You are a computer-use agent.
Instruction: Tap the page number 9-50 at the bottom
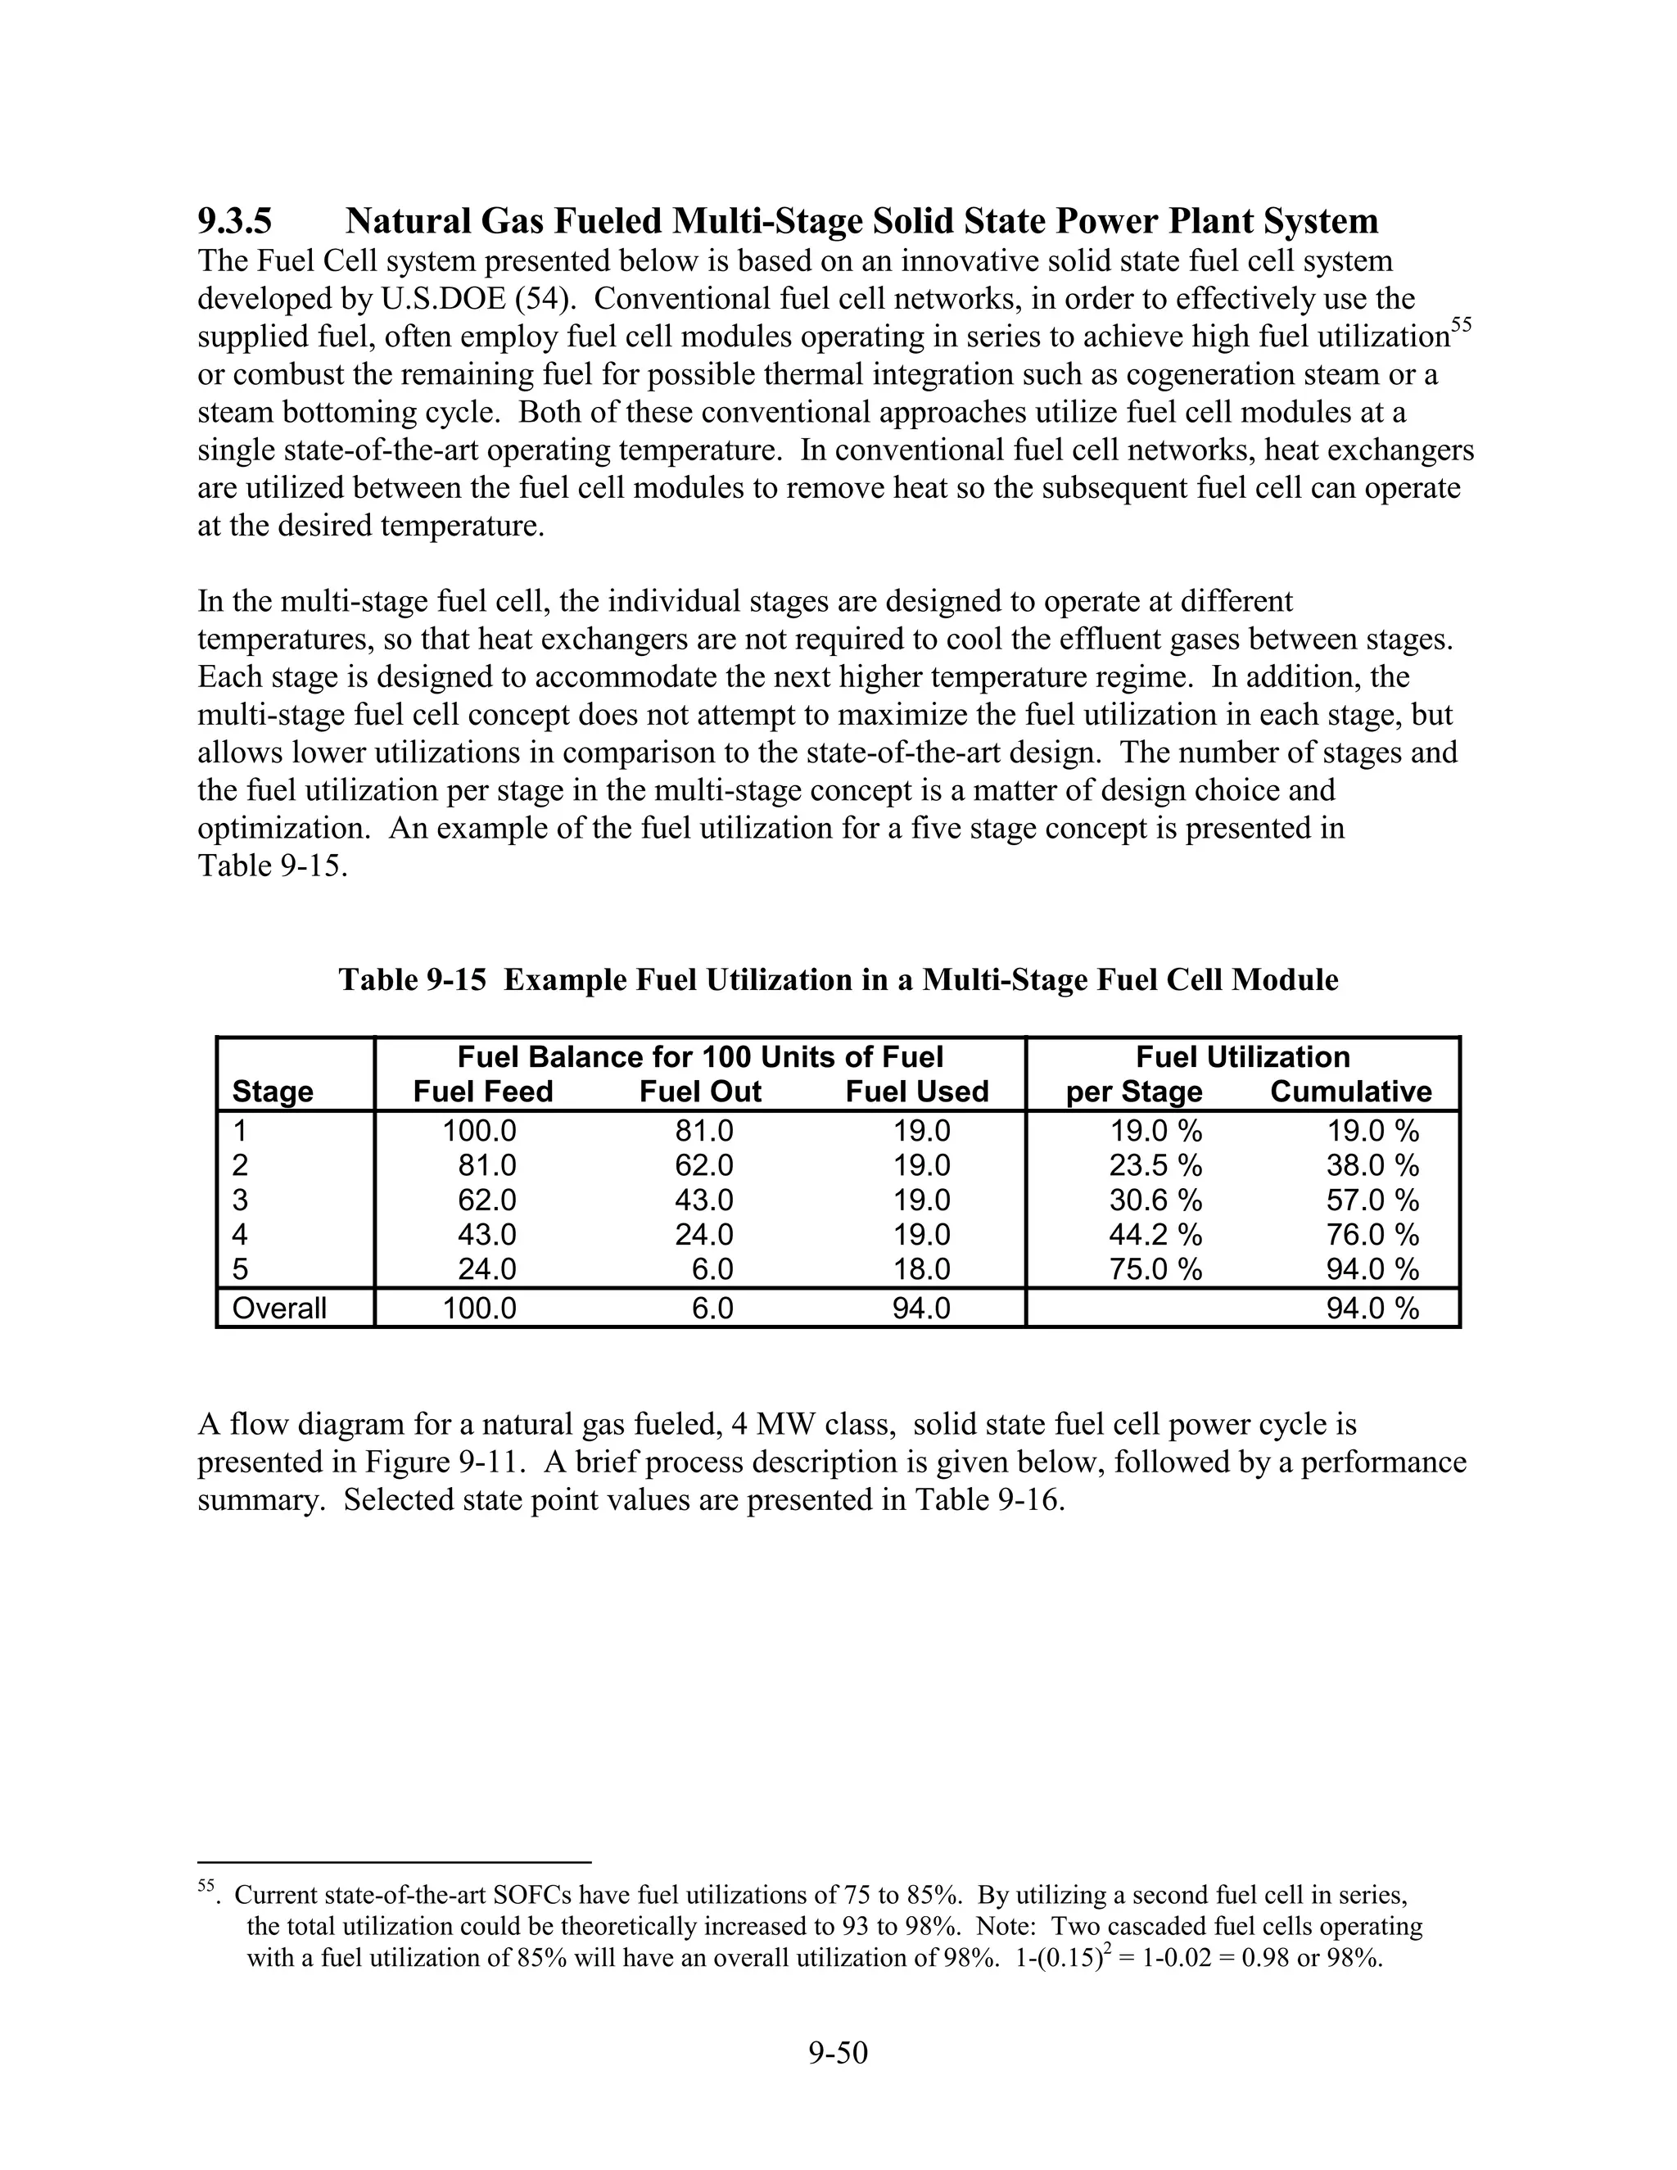point(838,2052)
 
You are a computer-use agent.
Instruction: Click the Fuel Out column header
point(699,1091)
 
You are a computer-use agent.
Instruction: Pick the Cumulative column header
point(1350,1091)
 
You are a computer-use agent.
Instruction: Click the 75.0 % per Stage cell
point(1155,1268)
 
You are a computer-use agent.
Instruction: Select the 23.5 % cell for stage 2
point(1155,1164)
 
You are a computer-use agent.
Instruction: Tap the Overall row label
point(279,1308)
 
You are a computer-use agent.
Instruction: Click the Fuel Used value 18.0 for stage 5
point(921,1268)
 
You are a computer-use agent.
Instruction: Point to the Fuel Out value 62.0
point(703,1164)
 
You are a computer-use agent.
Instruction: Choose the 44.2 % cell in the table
point(1155,1234)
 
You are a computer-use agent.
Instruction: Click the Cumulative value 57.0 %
point(1372,1200)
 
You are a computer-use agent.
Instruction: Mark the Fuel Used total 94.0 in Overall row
point(921,1308)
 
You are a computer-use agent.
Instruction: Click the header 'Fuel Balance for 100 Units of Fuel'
point(699,1056)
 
